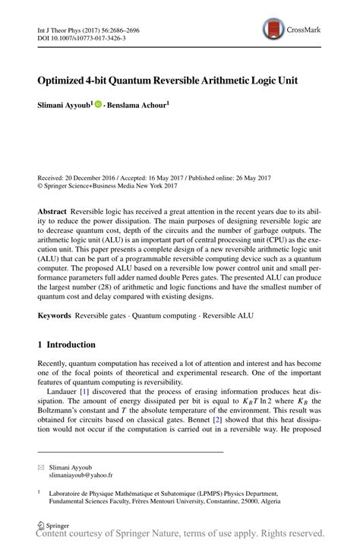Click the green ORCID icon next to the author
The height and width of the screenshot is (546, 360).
[x=98, y=104]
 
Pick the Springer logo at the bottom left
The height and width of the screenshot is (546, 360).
[x=55, y=525]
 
